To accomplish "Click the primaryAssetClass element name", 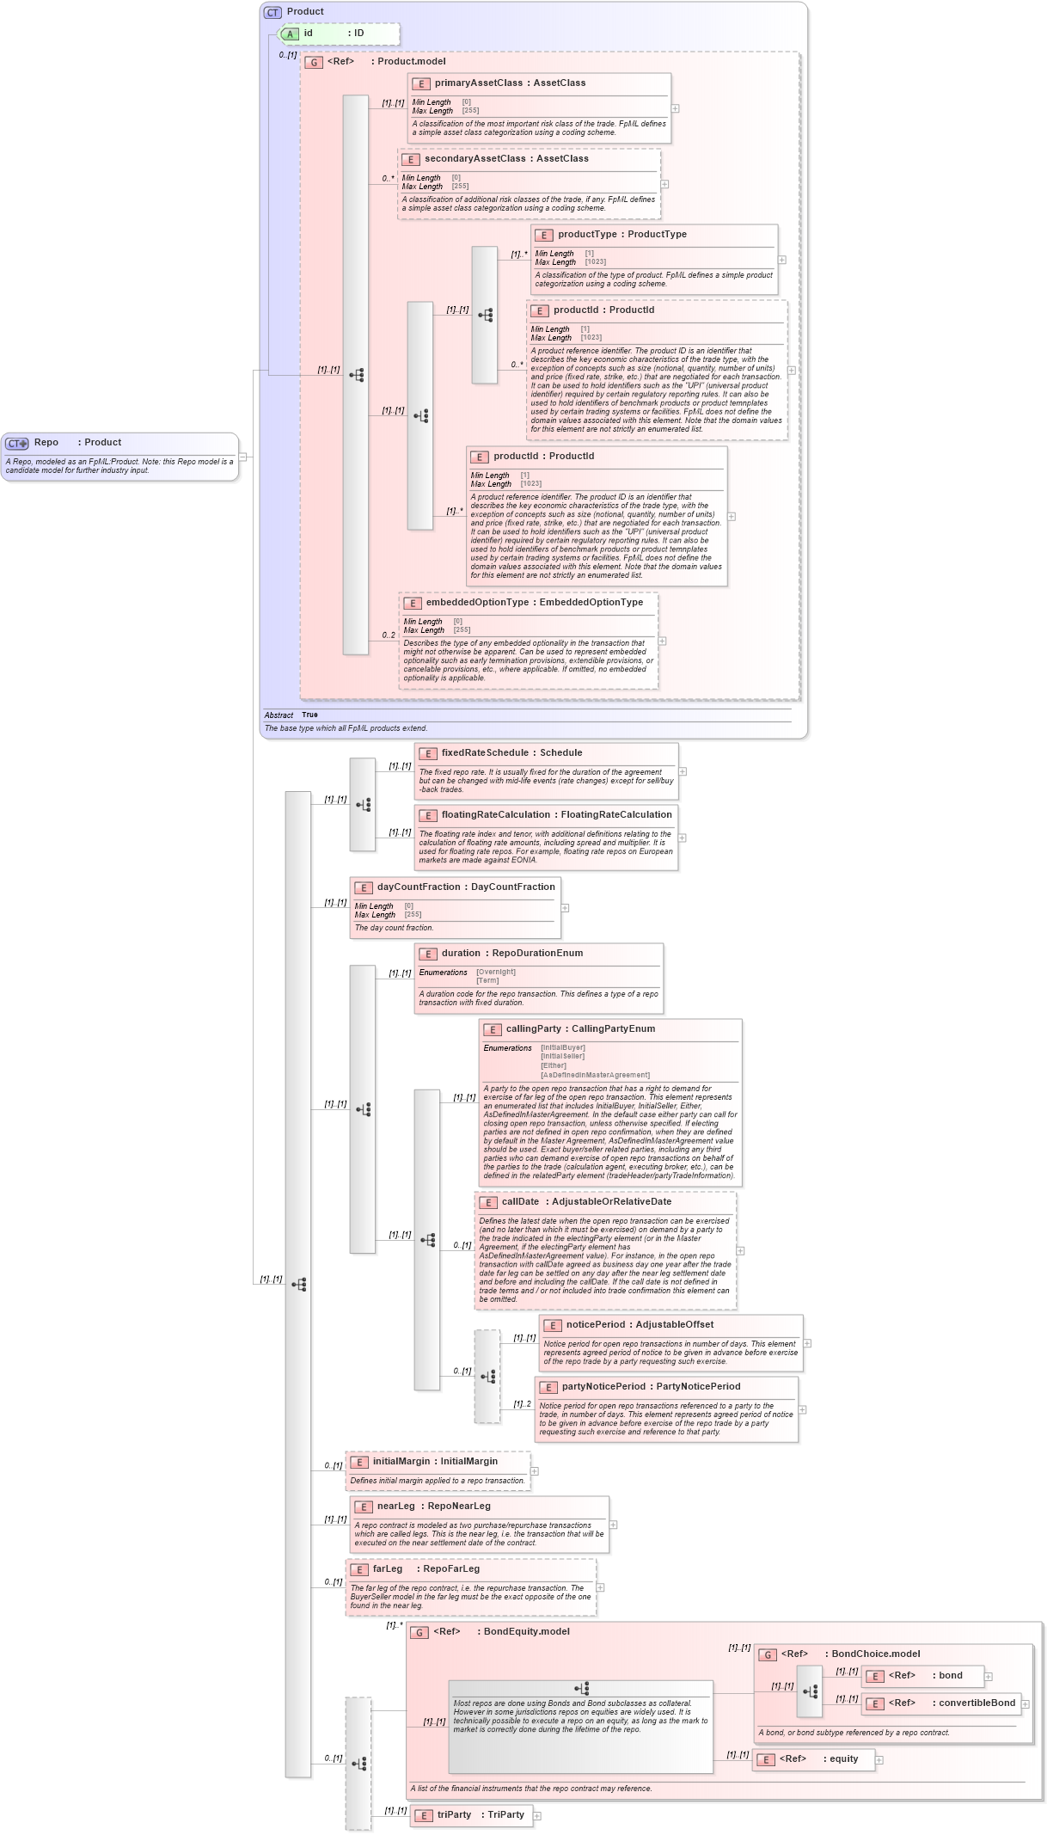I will (x=478, y=83).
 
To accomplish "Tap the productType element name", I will (x=587, y=235).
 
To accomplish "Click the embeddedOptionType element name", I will (x=477, y=603).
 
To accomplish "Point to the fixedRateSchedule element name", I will (x=485, y=753).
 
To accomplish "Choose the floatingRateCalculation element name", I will (x=496, y=815).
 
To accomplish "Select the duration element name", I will (x=461, y=954).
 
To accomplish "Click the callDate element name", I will (x=520, y=1202).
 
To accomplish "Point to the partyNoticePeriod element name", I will (x=603, y=1387).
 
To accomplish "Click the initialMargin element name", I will (x=401, y=1462).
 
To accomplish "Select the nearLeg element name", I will (x=395, y=1507).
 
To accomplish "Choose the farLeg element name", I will (x=387, y=1569).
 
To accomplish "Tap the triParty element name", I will (x=454, y=1815).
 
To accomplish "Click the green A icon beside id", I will (x=291, y=34).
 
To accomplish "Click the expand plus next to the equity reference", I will (x=879, y=1760).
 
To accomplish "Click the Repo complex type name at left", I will (x=46, y=443).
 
